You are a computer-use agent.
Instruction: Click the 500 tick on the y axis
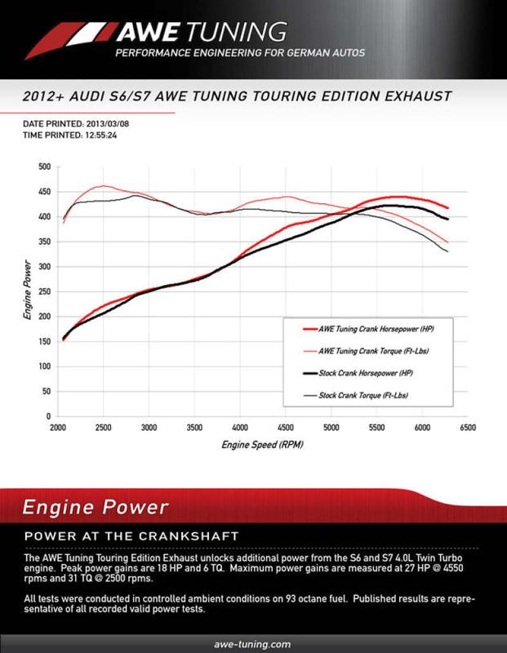click(44, 167)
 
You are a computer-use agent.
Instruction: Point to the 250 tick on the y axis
click(44, 291)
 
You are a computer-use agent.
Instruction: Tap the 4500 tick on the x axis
click(286, 427)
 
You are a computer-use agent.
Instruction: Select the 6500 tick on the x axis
click(468, 427)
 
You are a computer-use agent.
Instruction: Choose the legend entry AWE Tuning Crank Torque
click(371, 352)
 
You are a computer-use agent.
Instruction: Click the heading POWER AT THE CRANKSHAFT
click(131, 535)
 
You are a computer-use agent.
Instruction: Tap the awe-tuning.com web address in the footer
click(252, 644)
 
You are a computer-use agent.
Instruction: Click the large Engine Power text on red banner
click(96, 507)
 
